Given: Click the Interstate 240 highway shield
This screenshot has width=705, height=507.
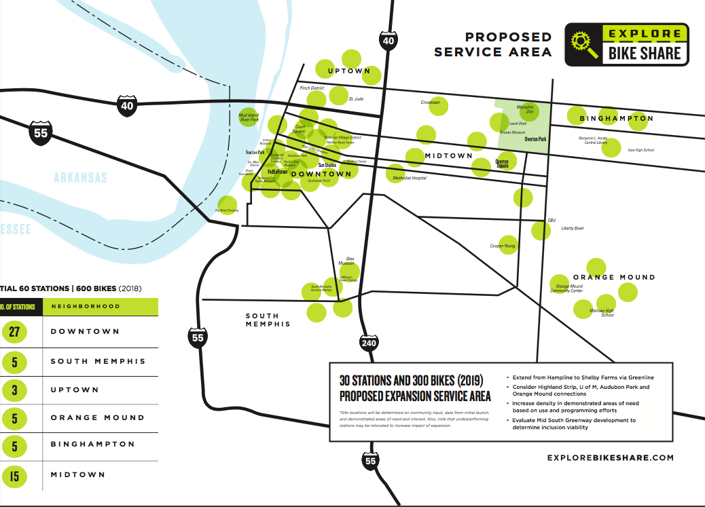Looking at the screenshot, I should click(x=369, y=343).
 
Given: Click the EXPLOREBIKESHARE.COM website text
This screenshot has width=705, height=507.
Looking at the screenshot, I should click(x=610, y=457).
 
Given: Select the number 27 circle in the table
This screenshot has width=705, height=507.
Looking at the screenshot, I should click(x=14, y=332).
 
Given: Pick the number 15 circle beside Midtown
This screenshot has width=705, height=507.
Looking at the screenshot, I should click(x=14, y=476).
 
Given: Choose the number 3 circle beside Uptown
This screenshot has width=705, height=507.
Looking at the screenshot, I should click(x=14, y=390).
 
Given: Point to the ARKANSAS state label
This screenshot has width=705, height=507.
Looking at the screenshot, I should click(x=81, y=178).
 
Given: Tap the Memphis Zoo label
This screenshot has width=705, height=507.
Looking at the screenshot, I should click(x=525, y=108).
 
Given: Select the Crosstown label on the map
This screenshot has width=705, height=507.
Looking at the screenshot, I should click(x=430, y=102).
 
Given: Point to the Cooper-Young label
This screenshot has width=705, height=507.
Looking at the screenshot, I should click(x=503, y=246).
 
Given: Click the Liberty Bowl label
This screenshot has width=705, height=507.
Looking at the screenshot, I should click(x=572, y=228).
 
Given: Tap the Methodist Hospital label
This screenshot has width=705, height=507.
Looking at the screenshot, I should click(x=410, y=178).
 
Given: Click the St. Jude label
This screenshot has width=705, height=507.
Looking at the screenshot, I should click(x=357, y=99).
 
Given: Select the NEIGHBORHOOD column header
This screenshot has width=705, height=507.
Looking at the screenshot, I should click(x=86, y=307).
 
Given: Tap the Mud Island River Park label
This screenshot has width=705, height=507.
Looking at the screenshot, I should click(x=249, y=117).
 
